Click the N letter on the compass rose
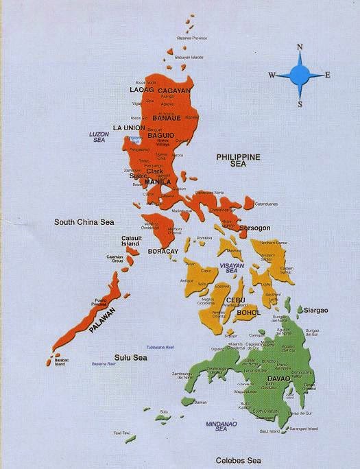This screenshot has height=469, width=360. point(300,47)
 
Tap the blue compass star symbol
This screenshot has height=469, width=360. point(300,75)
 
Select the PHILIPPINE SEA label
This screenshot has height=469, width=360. point(239,160)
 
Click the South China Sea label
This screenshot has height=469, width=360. point(84,222)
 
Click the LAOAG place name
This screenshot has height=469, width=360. point(141,90)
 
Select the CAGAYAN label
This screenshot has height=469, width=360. point(174,90)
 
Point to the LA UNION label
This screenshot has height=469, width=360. point(130,128)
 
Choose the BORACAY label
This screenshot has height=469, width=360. point(163,251)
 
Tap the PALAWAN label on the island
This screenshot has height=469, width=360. point(101,320)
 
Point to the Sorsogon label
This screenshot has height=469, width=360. point(253,226)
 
